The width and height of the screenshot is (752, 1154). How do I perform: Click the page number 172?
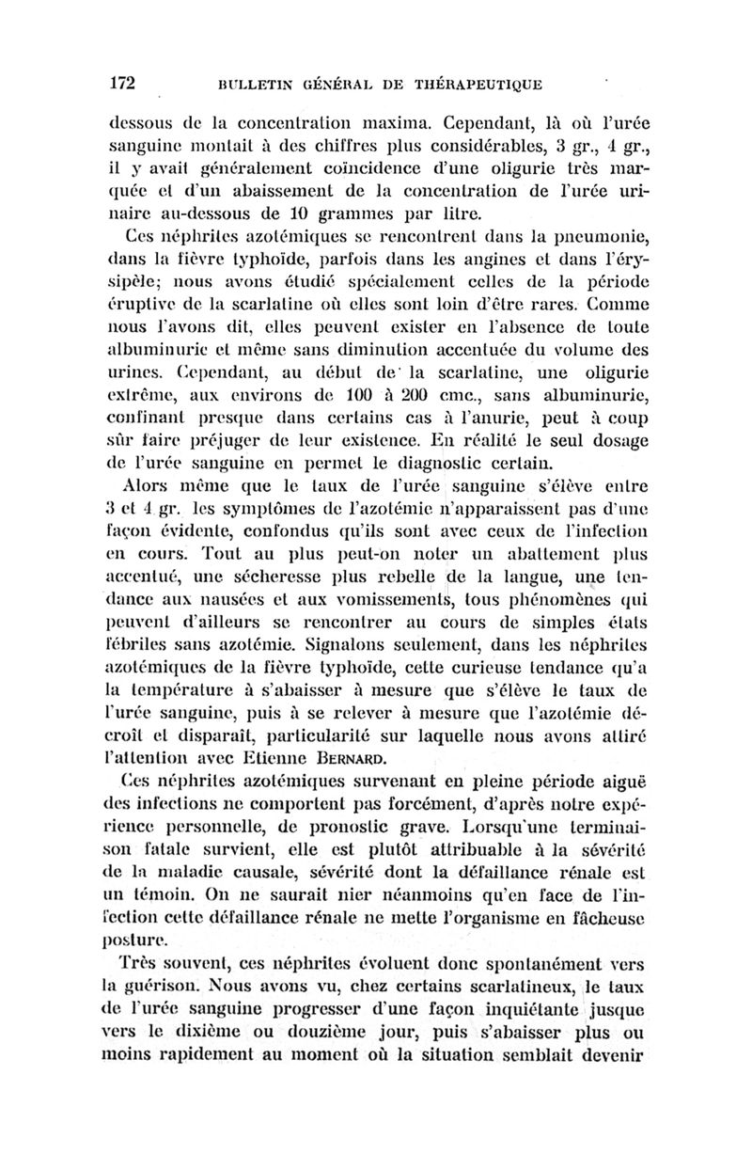click(x=123, y=83)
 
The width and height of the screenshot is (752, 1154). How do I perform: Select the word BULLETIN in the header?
click(x=254, y=85)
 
